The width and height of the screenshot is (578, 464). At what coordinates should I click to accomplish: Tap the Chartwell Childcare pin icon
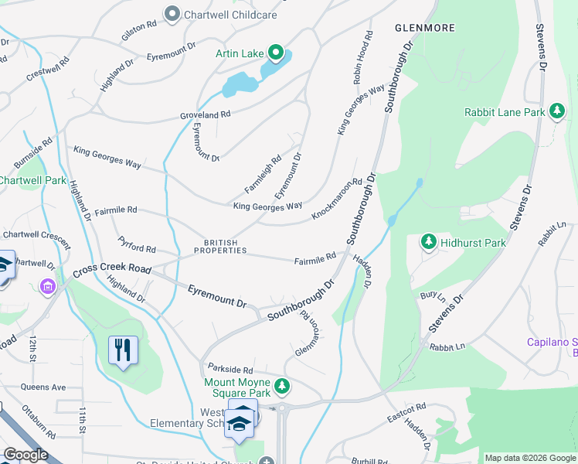[x=172, y=13]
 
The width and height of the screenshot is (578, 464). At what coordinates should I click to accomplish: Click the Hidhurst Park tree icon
[x=429, y=242]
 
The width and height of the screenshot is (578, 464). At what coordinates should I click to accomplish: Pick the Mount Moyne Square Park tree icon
[x=283, y=384]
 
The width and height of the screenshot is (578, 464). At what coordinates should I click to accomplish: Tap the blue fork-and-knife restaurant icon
[x=124, y=350]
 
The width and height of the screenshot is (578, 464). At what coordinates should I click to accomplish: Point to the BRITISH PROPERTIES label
[x=221, y=246]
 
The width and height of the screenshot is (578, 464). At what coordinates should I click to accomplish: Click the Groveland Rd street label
[x=206, y=114]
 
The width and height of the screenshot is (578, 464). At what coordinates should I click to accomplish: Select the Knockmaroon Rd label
[x=337, y=199]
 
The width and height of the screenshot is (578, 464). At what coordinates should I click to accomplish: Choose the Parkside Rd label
[x=230, y=370]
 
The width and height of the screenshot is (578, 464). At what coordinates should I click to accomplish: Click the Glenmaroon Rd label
[x=304, y=334]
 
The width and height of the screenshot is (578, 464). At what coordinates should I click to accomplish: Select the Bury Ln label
[x=433, y=296]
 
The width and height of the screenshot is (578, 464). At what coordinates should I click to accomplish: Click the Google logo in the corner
[x=25, y=455]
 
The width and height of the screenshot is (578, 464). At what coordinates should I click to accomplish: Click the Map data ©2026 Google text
[x=529, y=458]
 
